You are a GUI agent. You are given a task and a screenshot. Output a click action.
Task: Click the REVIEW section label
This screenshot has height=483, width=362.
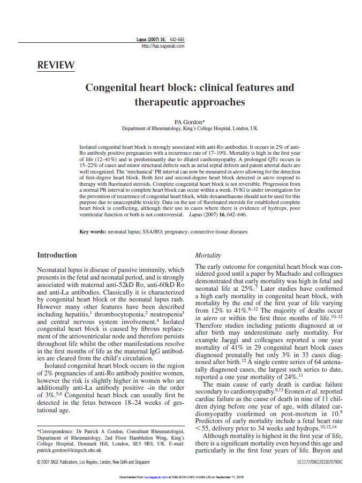(56, 65)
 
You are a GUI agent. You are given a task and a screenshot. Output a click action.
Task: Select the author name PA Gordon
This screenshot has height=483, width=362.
(190, 122)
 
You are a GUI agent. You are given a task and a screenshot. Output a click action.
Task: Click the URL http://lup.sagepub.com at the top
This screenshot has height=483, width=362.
(163, 46)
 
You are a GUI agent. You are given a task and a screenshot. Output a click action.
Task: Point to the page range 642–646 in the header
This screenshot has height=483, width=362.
(177, 40)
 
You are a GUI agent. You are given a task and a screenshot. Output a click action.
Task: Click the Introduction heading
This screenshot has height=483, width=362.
(57, 255)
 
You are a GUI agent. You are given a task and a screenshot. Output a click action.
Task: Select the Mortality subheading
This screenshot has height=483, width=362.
(208, 256)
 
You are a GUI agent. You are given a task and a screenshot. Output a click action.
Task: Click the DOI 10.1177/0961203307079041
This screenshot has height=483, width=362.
(319, 462)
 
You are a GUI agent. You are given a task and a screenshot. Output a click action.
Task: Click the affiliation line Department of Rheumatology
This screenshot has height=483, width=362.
(190, 129)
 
